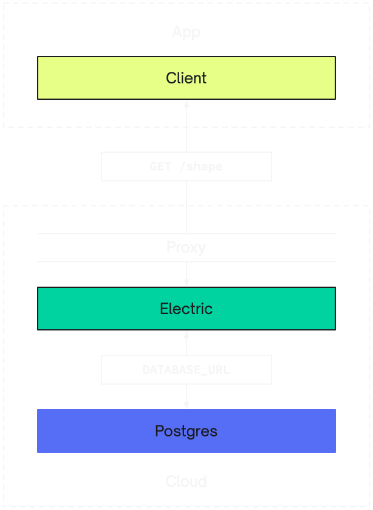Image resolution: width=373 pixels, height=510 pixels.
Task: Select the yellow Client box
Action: [x=186, y=78]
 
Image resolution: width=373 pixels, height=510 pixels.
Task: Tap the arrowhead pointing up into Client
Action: [x=187, y=103]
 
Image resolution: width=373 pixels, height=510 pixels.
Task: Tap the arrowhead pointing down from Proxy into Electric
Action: [x=187, y=283]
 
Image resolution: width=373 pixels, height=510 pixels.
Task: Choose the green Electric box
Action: [x=186, y=309]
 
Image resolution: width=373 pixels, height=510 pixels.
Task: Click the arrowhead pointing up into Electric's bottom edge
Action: [x=187, y=335]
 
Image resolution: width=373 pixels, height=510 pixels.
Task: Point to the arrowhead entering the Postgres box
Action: [x=187, y=405]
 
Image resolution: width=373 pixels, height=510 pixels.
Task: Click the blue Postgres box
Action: [x=186, y=431]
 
